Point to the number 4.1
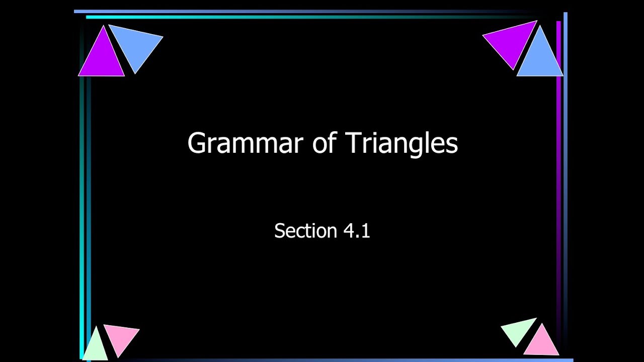click(x=357, y=231)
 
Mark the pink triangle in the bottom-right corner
click(x=541, y=342)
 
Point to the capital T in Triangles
click(x=352, y=143)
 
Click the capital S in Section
click(x=279, y=231)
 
